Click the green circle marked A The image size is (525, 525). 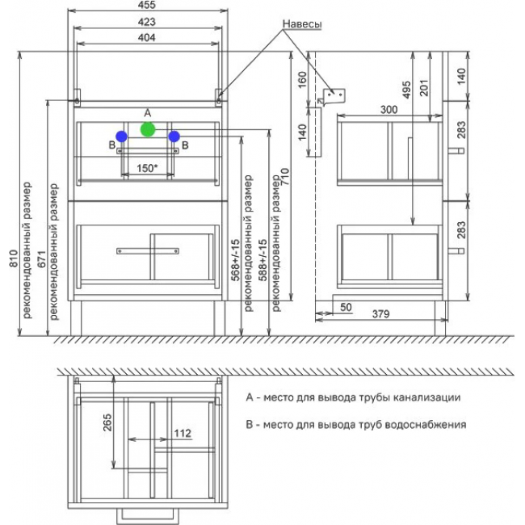tap(148, 129)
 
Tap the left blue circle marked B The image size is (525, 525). tap(121, 136)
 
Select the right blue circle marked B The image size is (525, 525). tap(174, 136)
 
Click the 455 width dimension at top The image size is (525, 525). tap(147, 5)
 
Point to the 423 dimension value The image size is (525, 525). tap(147, 22)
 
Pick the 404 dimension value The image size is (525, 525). tap(147, 37)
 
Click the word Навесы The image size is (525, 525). tap(302, 24)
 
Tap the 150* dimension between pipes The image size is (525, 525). tap(147, 168)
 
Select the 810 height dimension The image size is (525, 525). tap(14, 258)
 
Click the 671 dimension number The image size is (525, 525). tap(41, 258)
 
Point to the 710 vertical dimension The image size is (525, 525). tap(284, 177)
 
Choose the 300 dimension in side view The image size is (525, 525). tap(388, 110)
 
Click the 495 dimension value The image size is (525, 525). tap(406, 90)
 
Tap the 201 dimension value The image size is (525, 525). tap(424, 88)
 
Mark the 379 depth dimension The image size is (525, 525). tap(380, 313)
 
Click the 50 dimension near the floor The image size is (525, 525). tap(346, 307)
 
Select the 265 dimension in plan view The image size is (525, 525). tap(107, 422)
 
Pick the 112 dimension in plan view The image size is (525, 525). tap(183, 433)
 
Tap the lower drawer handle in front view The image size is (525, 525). tap(148, 250)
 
